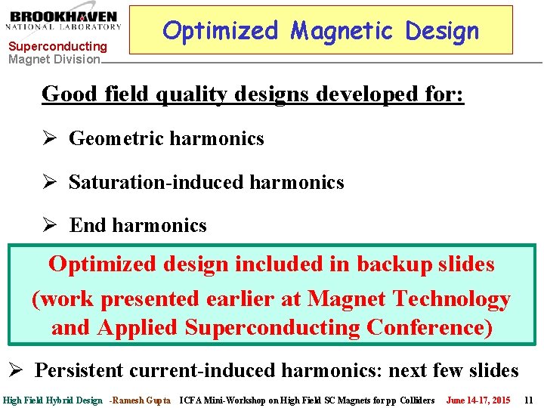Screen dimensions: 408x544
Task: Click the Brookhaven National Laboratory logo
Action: (64, 20)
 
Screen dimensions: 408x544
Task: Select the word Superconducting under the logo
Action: (57, 47)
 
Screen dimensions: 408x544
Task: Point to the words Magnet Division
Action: (54, 59)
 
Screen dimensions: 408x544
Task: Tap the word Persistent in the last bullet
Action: (79, 370)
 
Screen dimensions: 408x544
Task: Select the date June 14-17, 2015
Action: (478, 400)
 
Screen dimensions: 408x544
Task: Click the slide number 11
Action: (528, 400)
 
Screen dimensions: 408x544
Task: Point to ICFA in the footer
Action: (192, 400)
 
